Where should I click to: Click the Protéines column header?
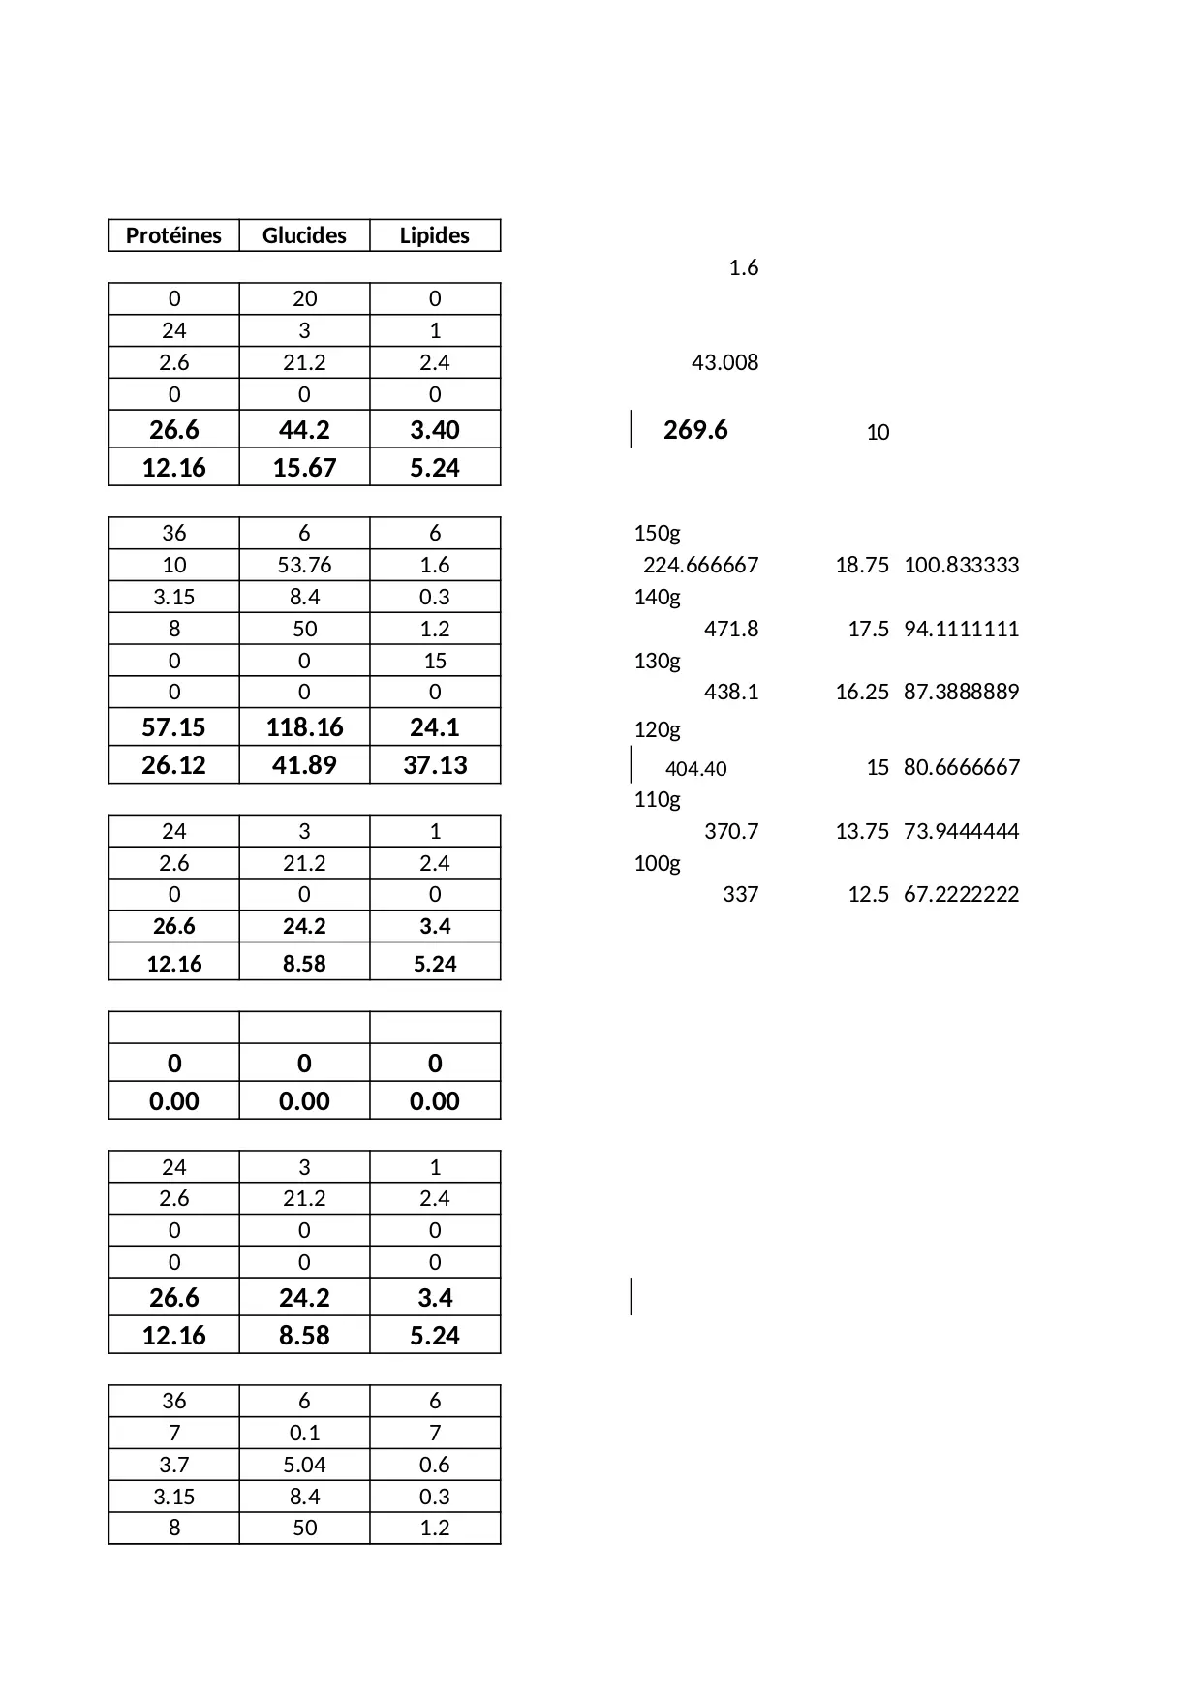173,235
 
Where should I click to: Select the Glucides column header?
304,235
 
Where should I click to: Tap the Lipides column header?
435,235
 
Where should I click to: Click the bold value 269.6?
695,430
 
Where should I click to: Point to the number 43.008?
724,362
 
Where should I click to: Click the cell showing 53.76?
304,565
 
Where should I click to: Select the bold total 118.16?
304,727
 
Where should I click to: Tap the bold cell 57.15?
173,727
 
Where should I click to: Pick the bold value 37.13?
435,765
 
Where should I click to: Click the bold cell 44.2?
304,430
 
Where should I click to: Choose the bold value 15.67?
304,468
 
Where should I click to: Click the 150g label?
657,533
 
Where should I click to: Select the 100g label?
657,863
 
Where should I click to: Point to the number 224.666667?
700,565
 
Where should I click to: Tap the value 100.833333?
961,565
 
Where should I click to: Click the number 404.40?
695,769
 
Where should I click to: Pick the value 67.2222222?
961,894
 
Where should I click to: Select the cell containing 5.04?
304,1465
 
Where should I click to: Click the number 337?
740,894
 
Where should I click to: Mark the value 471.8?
731,629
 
